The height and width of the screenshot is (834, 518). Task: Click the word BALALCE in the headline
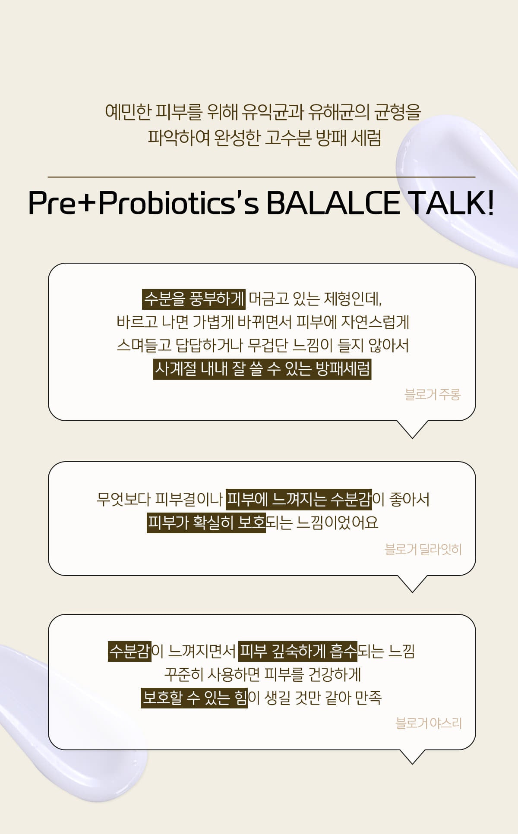333,203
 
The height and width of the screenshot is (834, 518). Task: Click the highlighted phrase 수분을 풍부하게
194,299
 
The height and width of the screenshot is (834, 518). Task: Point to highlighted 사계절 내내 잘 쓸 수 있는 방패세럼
262,369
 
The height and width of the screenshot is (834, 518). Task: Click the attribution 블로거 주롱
433,394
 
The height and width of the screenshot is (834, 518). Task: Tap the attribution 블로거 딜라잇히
423,549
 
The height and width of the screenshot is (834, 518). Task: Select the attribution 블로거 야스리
429,723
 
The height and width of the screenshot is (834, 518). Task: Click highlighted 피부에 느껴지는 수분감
299,499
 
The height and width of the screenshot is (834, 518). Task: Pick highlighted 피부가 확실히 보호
206,522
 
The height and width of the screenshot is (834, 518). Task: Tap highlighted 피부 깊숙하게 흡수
298,651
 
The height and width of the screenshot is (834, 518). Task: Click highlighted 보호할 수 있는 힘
194,698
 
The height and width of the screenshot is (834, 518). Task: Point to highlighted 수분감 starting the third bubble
129,651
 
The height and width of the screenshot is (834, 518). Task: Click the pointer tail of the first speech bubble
412,429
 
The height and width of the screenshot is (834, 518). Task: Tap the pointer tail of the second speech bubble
412,584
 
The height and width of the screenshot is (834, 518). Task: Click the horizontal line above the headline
261,177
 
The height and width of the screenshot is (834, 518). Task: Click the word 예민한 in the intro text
128,112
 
